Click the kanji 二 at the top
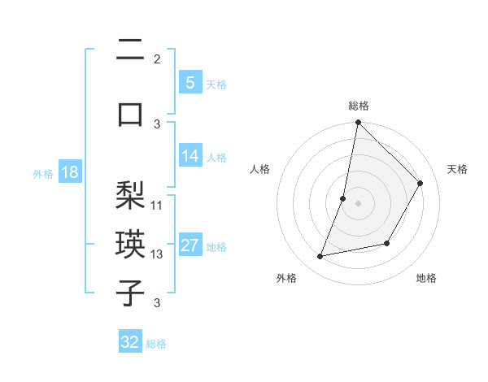tap(130, 51)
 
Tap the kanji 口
tap(130, 114)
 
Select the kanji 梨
tap(130, 196)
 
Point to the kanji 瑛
tap(130, 245)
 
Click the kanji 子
tap(130, 294)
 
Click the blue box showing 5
tap(190, 82)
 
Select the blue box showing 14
tap(190, 157)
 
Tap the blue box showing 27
tap(190, 246)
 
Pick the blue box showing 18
tap(69, 173)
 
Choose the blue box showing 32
tap(130, 342)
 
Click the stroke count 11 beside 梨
tap(157, 206)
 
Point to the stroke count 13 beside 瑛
tap(157, 254)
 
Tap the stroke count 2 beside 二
tap(157, 59)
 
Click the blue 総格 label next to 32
tap(156, 344)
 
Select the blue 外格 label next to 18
tap(43, 174)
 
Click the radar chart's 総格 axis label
tap(358, 106)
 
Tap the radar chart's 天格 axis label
tap(457, 169)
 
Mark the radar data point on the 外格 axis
tap(320, 257)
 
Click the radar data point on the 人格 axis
tap(343, 198)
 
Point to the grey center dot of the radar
tap(358, 203)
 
